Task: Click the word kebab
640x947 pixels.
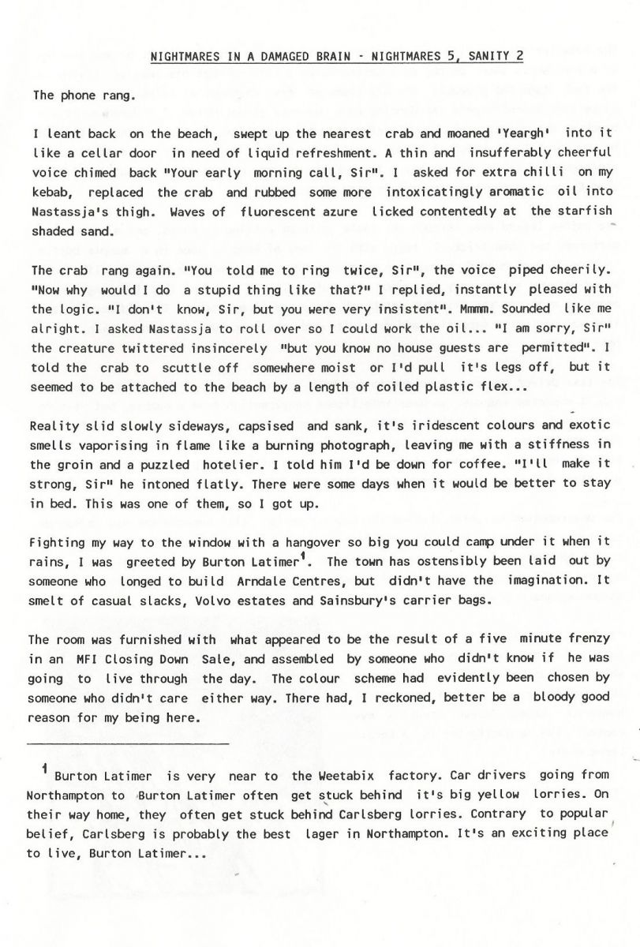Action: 51,193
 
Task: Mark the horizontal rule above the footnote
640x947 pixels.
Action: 128,743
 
